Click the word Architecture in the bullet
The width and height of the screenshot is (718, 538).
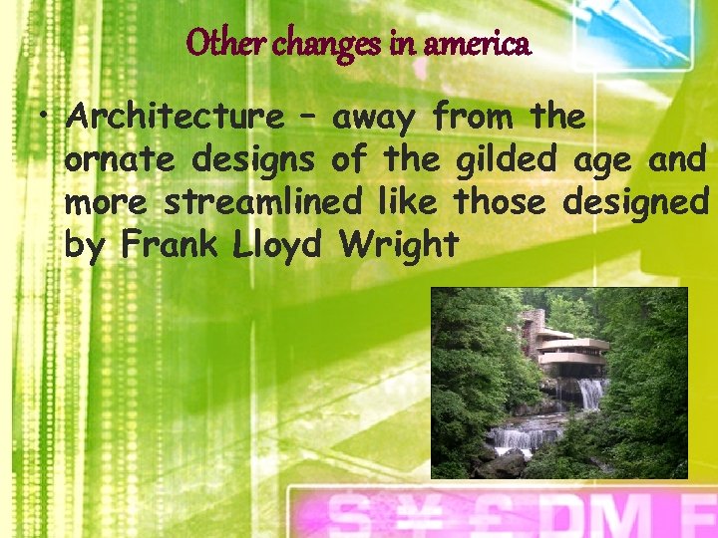175,119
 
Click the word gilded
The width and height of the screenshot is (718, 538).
511,160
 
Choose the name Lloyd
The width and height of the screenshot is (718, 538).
281,244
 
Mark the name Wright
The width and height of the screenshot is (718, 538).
399,244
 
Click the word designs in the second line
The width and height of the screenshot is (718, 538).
254,160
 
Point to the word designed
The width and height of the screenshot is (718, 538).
635,202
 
